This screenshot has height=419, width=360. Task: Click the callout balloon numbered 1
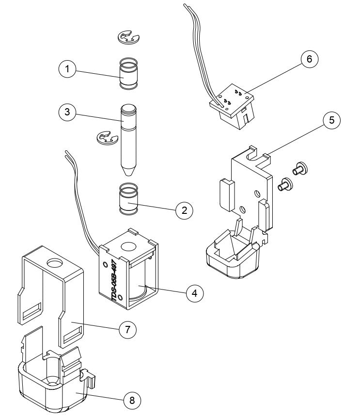[x=68, y=69]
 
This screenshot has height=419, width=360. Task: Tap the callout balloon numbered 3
[x=68, y=112]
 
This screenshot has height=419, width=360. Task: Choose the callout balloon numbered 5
[x=331, y=120]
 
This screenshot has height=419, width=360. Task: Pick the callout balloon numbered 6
[x=309, y=59]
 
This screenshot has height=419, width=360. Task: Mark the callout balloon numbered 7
[x=127, y=329]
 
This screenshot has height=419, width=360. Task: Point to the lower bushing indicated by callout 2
[x=129, y=199]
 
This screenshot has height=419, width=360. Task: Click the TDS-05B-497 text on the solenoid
[x=110, y=281]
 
